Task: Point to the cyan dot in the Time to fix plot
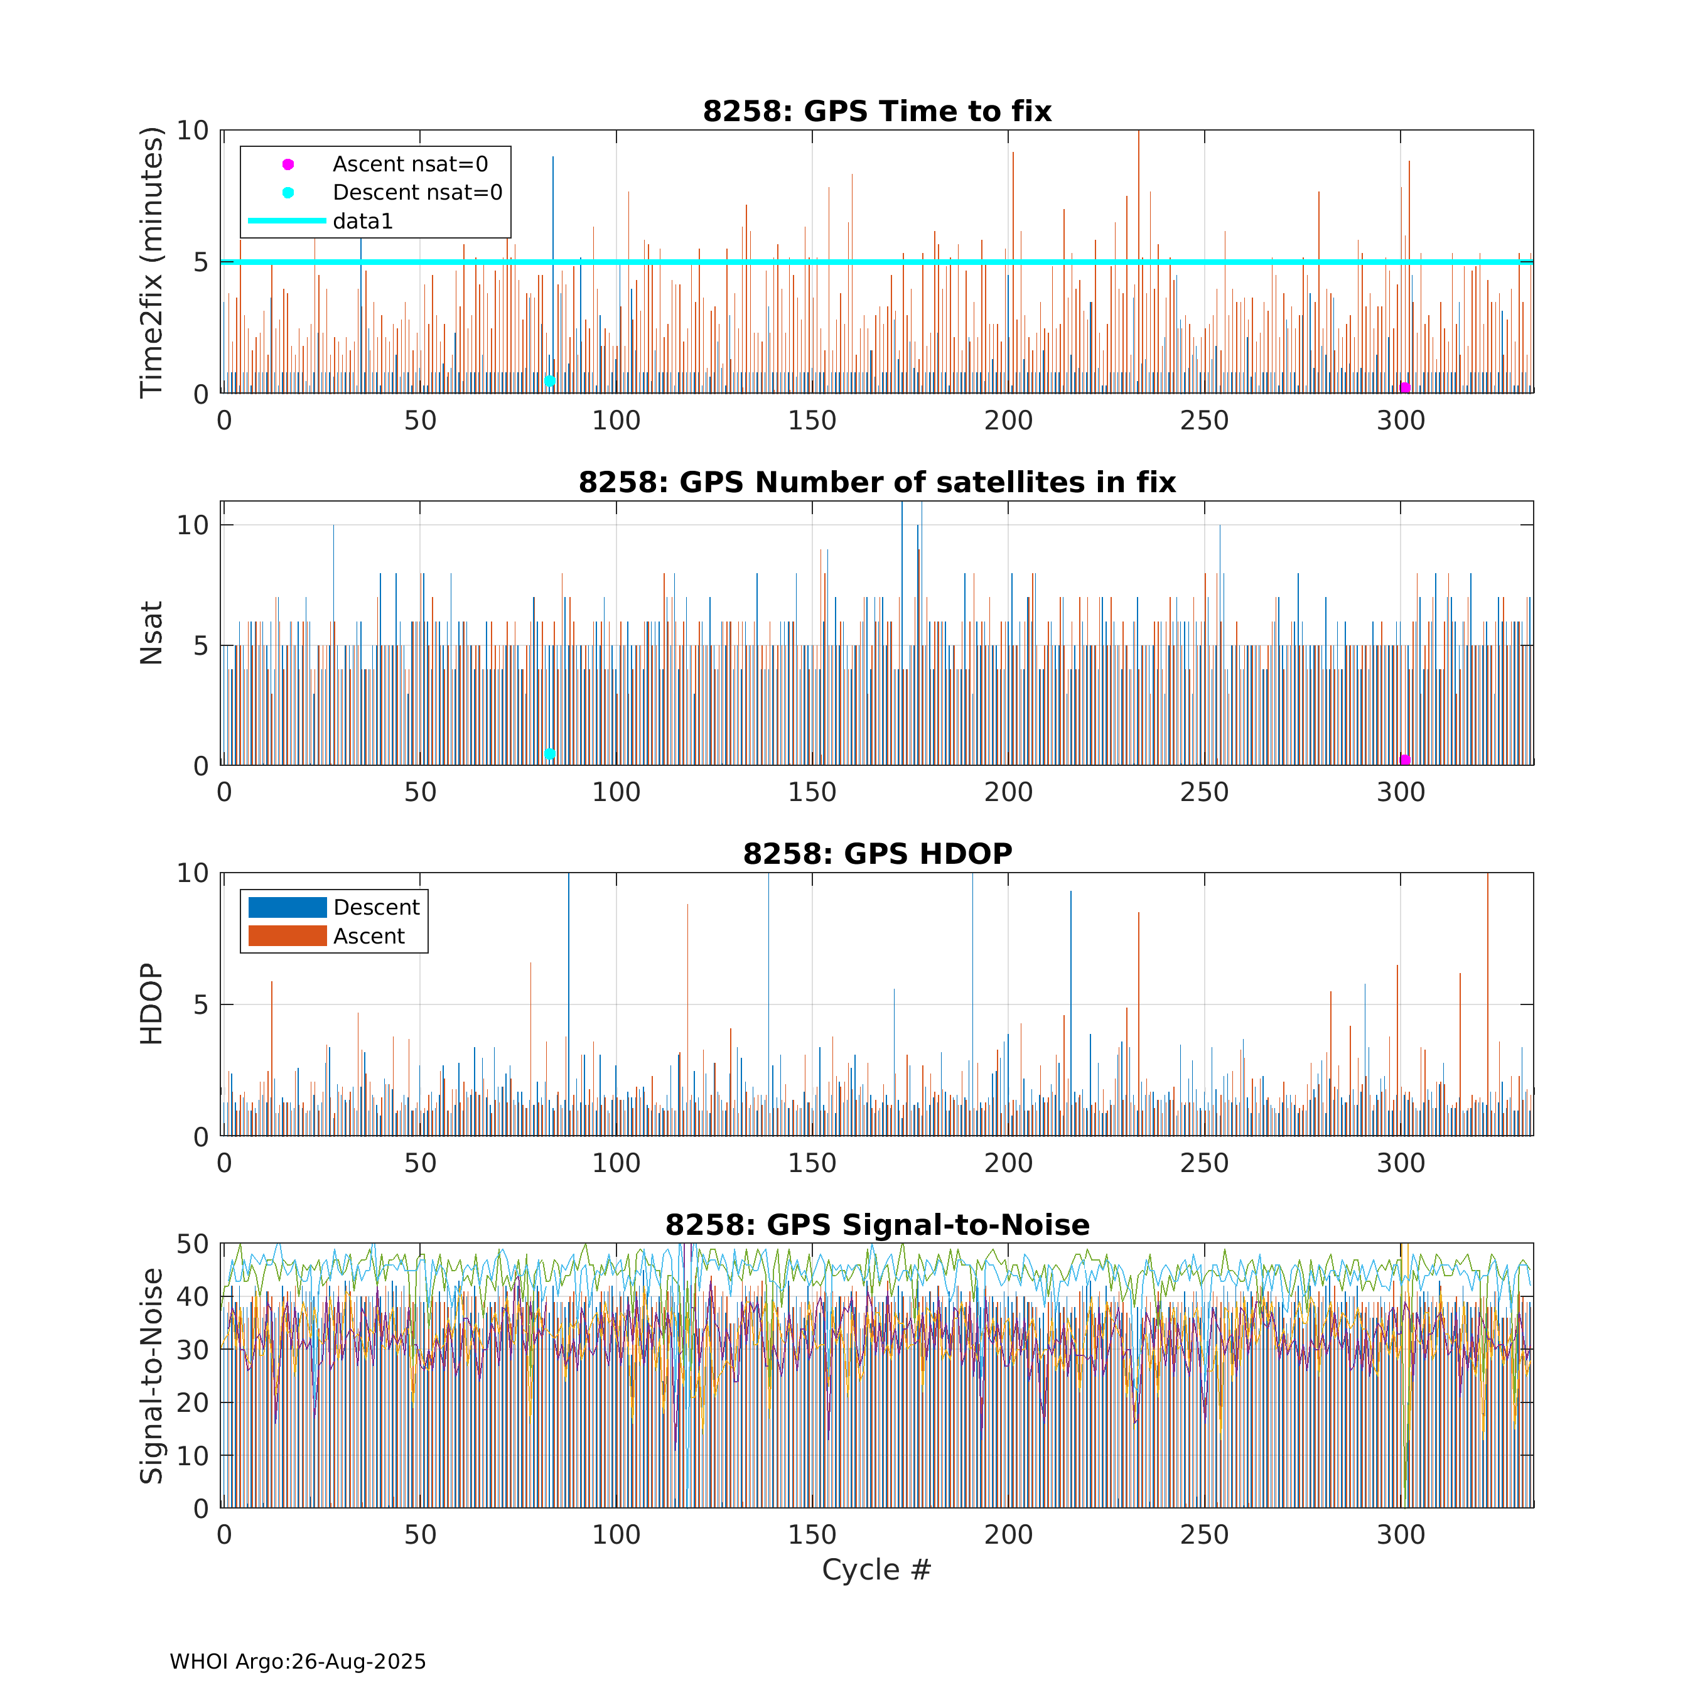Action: point(550,381)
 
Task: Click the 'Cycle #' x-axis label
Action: point(876,1569)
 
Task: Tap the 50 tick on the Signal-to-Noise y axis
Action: point(193,1244)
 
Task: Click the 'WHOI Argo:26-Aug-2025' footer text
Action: point(298,1662)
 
